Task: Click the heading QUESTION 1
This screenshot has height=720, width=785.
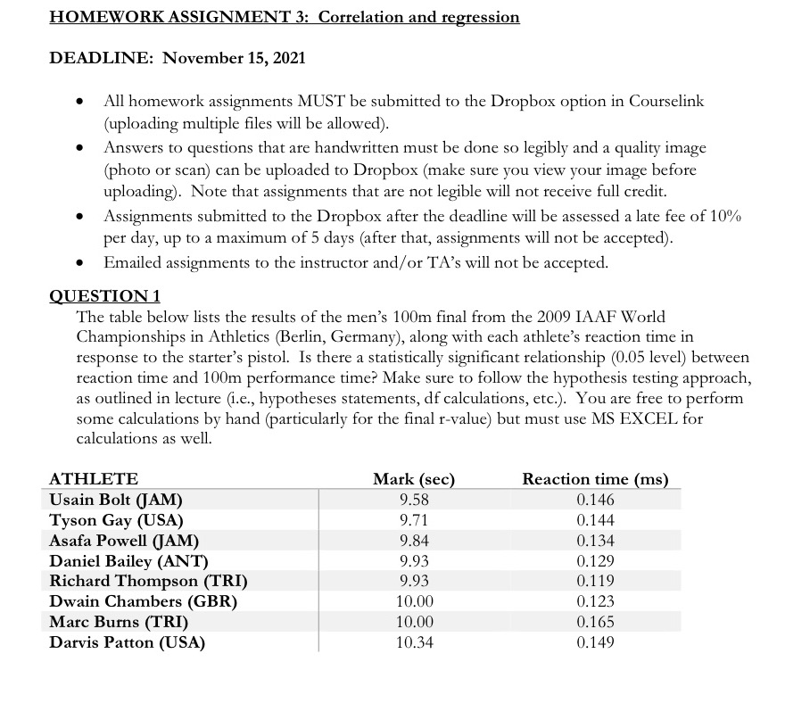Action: pyautogui.click(x=103, y=296)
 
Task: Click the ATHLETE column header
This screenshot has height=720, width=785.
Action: pyautogui.click(x=94, y=479)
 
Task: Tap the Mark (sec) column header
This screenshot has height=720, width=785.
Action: pyautogui.click(x=415, y=479)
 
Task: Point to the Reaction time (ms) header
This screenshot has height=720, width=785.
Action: pyautogui.click(x=595, y=479)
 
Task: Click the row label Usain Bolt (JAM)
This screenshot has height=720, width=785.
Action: pyautogui.click(x=121, y=500)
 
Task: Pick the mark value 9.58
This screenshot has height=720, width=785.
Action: pyautogui.click(x=415, y=500)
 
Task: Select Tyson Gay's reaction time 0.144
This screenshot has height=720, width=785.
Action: pyautogui.click(x=595, y=520)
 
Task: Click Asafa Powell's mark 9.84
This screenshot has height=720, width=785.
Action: pyautogui.click(x=415, y=541)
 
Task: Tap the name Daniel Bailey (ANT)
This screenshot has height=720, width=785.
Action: pyautogui.click(x=128, y=561)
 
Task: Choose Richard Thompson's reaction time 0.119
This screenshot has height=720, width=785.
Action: pyautogui.click(x=595, y=582)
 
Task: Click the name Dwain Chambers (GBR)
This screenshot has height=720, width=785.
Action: pyautogui.click(x=143, y=601)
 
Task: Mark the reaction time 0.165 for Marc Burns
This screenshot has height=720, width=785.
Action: pyautogui.click(x=595, y=622)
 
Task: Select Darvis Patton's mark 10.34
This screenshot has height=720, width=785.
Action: pyautogui.click(x=415, y=642)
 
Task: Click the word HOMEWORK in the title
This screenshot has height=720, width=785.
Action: pyautogui.click(x=97, y=17)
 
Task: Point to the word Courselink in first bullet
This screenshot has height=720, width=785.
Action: pyautogui.click(x=667, y=102)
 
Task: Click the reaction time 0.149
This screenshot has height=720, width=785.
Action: pyautogui.click(x=595, y=642)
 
